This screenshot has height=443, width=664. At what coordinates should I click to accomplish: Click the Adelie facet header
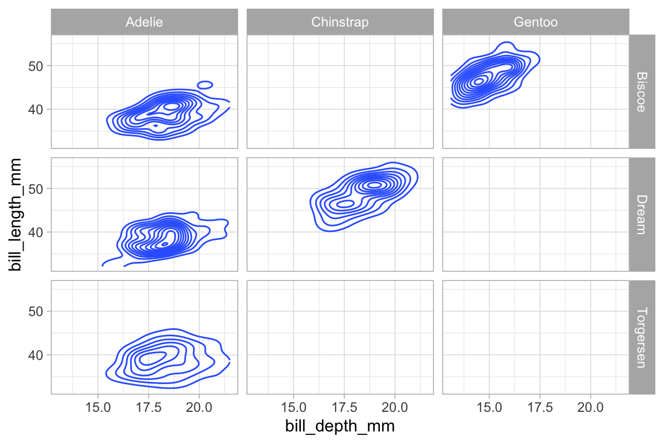(x=144, y=22)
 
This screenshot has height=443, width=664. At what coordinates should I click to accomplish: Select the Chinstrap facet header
(x=339, y=22)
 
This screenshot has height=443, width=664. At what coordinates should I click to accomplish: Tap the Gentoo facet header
(x=535, y=22)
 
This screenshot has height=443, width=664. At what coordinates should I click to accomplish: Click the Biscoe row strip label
(x=642, y=91)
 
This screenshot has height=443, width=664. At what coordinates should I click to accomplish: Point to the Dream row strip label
(x=642, y=214)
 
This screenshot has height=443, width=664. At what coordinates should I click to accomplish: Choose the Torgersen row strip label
(x=642, y=337)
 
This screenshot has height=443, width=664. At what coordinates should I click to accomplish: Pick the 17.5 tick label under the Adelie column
(x=148, y=408)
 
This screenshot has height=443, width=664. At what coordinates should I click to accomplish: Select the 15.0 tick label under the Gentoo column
(x=489, y=408)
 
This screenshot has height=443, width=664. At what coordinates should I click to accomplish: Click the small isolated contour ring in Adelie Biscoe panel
(x=205, y=85)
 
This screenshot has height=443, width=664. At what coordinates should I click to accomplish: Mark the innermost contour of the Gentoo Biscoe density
(x=478, y=82)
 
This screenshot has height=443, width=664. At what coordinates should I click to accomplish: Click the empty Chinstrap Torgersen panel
(x=339, y=337)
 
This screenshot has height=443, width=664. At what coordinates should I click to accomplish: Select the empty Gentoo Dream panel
(x=535, y=214)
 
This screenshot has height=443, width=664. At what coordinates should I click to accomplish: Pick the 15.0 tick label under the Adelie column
(x=98, y=408)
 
